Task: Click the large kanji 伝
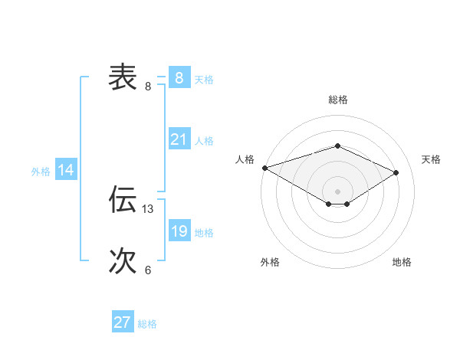[123, 199]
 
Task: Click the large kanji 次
[123, 261]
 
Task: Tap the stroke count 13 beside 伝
[148, 208]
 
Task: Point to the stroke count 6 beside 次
[148, 270]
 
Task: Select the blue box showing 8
[179, 78]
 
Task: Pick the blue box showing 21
[179, 139]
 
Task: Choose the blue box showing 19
[179, 231]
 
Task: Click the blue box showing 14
[66, 171]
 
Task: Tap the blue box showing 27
[123, 322]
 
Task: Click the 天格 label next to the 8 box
[204, 79]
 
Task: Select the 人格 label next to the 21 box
[204, 140]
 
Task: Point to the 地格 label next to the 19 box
[204, 232]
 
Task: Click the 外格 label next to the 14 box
[41, 172]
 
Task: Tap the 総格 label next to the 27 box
[147, 323]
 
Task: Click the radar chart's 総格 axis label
[337, 100]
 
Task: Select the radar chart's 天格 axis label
[431, 159]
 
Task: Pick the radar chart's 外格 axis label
[270, 262]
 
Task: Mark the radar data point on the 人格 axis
[264, 168]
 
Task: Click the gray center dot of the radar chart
[337, 191]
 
